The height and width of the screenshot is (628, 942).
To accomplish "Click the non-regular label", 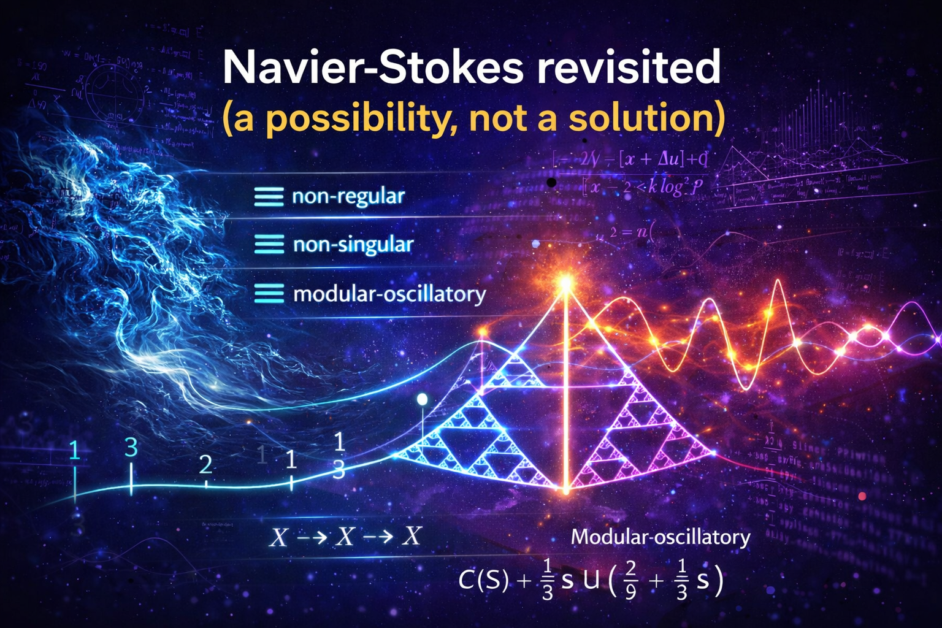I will pyautogui.click(x=348, y=196).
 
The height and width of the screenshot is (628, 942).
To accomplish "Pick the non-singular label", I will pyautogui.click(x=353, y=245).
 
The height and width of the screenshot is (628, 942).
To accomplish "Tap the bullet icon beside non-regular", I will pyautogui.click(x=269, y=196).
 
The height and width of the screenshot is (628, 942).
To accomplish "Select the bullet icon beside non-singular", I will pyautogui.click(x=269, y=245).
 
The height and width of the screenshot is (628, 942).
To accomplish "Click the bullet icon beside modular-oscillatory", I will pyautogui.click(x=269, y=294).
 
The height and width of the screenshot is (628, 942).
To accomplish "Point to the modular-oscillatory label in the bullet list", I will pyautogui.click(x=389, y=294).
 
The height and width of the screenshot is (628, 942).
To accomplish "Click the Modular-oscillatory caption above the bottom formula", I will pyautogui.click(x=661, y=537).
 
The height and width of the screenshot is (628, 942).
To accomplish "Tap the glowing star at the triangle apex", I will pyautogui.click(x=565, y=283).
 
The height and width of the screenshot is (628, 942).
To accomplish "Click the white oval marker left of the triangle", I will pyautogui.click(x=422, y=400).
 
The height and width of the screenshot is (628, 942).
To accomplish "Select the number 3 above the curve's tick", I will pyautogui.click(x=131, y=448).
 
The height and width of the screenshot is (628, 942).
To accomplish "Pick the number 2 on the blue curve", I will pyautogui.click(x=205, y=464).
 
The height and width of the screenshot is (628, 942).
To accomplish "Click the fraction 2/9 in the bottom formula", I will pyautogui.click(x=630, y=580).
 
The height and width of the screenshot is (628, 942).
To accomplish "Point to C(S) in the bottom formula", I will pyautogui.click(x=484, y=580).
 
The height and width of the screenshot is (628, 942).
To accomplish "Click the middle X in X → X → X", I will pyautogui.click(x=345, y=537).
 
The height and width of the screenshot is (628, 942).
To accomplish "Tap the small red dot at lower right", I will pyautogui.click(x=862, y=496).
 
